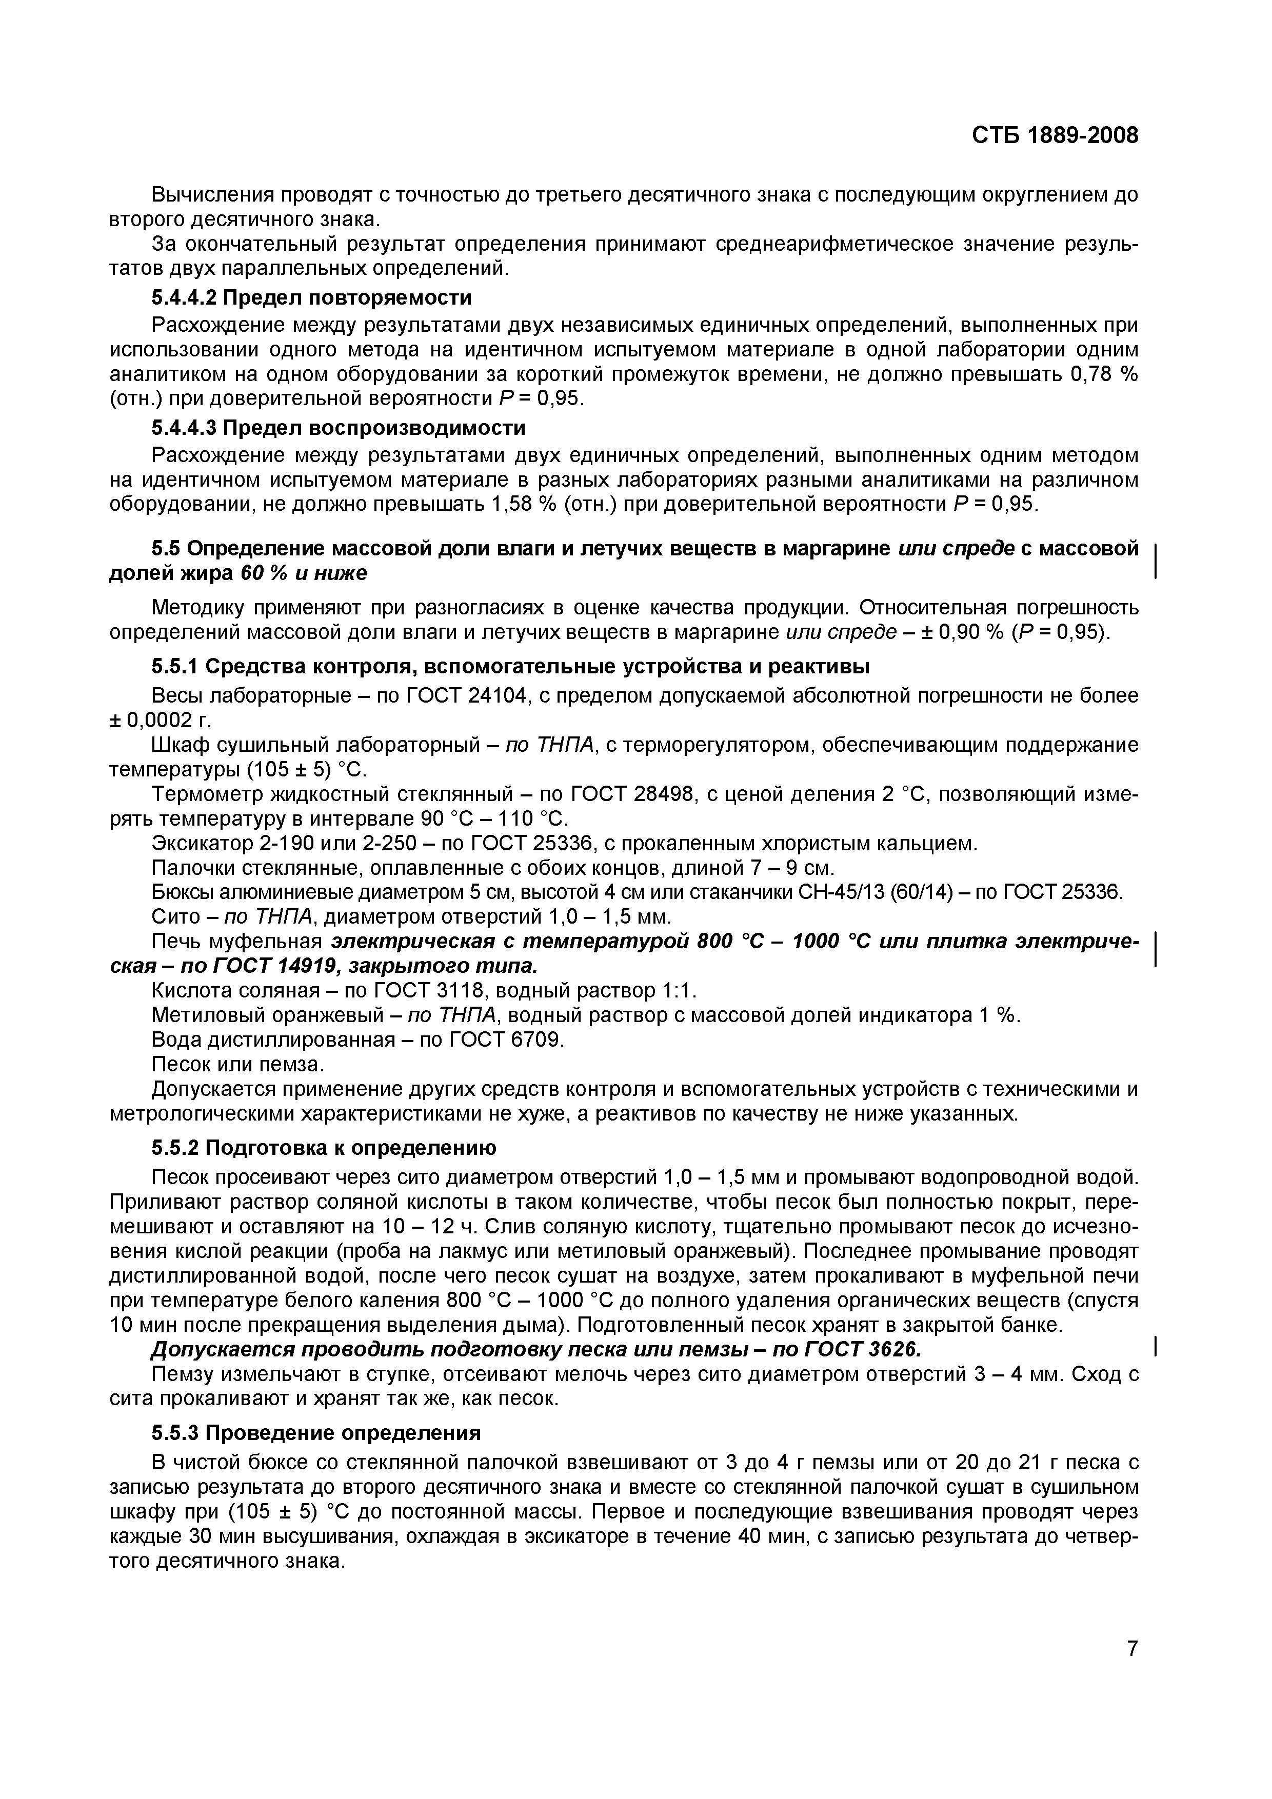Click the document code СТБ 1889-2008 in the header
pos(1054,135)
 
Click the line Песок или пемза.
pos(236,1065)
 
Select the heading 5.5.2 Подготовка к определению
pos(324,1148)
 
